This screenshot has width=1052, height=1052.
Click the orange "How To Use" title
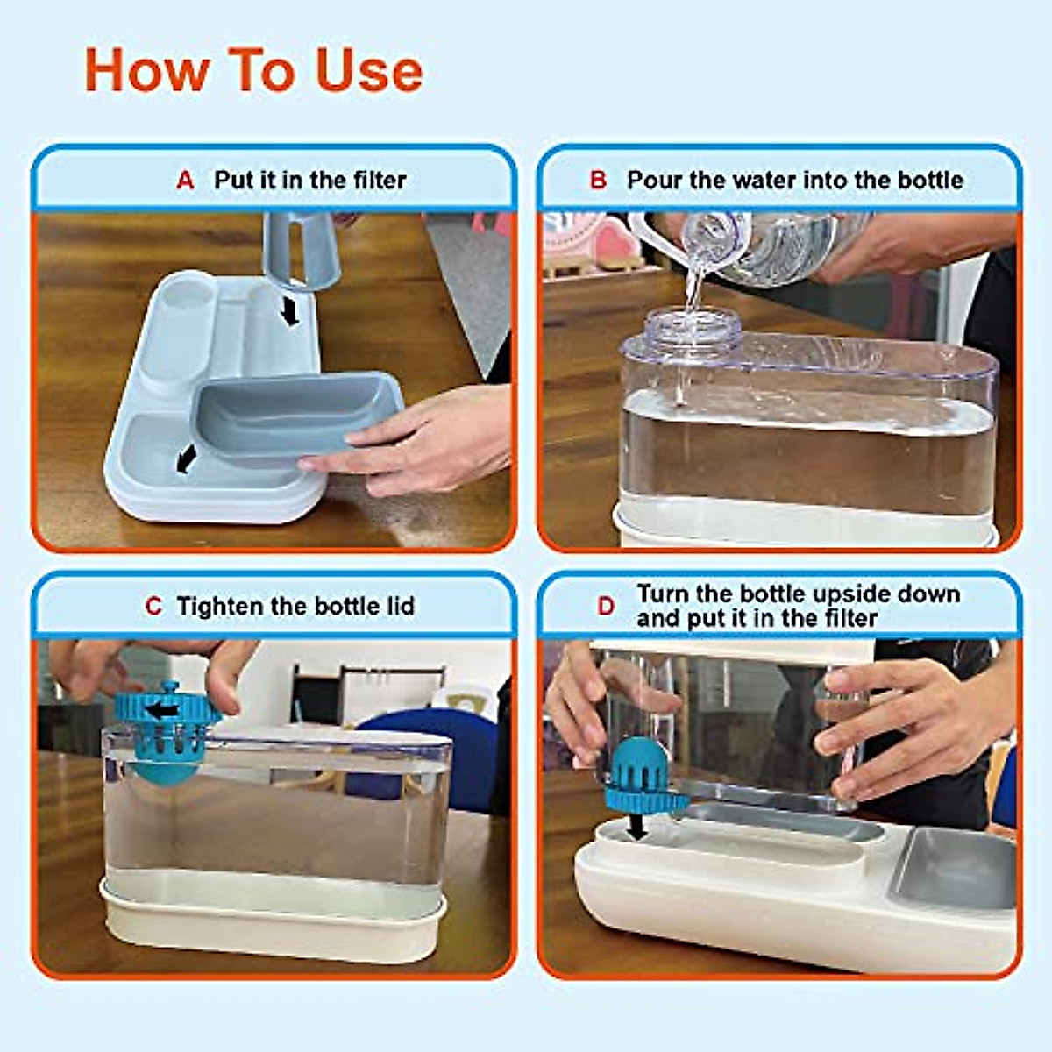point(253,70)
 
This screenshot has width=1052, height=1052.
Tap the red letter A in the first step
point(185,181)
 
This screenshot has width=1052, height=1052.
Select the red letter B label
point(598,181)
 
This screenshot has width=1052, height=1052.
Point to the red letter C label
point(153,607)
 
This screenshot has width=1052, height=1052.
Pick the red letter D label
point(606,607)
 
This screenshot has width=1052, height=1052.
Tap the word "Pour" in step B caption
point(654,181)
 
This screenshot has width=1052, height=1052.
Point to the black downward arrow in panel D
point(640,824)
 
